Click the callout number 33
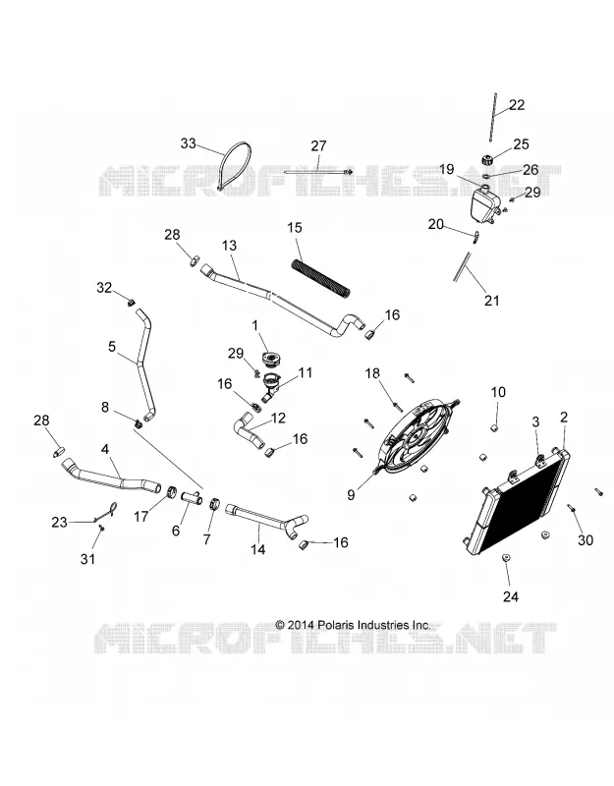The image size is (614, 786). [x=188, y=143]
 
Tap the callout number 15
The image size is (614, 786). [x=295, y=228]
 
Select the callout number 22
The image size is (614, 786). [x=517, y=105]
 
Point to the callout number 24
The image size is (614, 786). [x=510, y=596]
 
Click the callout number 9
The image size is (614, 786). [x=351, y=495]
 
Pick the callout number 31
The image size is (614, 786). [x=87, y=558]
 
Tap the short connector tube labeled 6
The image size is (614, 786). [x=191, y=498]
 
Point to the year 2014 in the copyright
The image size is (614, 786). [x=300, y=625]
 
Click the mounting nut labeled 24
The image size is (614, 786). [x=505, y=559]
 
